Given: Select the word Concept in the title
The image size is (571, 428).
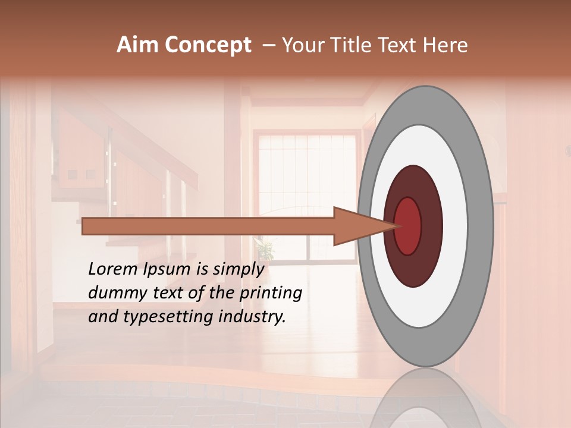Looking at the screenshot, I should coord(208,46).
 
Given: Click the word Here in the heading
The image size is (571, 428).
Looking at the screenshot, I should coord(445,45).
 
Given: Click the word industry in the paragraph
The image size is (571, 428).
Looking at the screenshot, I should coord(251,316).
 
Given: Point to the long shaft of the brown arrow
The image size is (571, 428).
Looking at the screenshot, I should coord(208,226).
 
